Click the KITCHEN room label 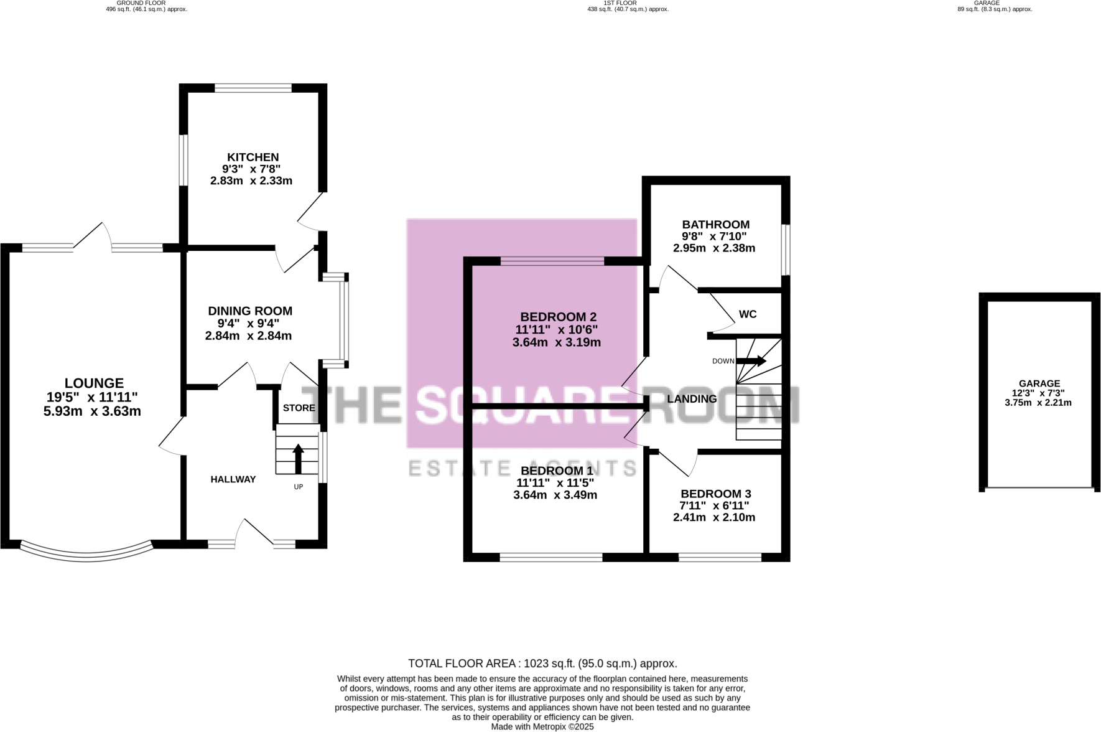pyautogui.click(x=253, y=157)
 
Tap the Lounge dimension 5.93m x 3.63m pyautogui.click(x=92, y=411)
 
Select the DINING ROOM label pyautogui.click(x=250, y=311)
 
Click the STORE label pyautogui.click(x=299, y=408)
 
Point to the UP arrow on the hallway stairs pyautogui.click(x=298, y=458)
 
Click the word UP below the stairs pyautogui.click(x=299, y=487)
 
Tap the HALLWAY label pyautogui.click(x=233, y=479)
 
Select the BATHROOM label pyautogui.click(x=715, y=224)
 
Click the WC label pyautogui.click(x=748, y=314)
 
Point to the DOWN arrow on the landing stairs pyautogui.click(x=752, y=361)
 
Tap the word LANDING pyautogui.click(x=692, y=399)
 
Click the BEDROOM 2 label pyautogui.click(x=558, y=317)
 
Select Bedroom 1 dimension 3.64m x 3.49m pyautogui.click(x=555, y=495)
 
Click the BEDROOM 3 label pyautogui.click(x=715, y=494)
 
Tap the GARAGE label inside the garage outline pyautogui.click(x=1039, y=383)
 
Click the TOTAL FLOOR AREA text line pyautogui.click(x=542, y=664)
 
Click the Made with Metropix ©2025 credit pyautogui.click(x=542, y=726)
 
